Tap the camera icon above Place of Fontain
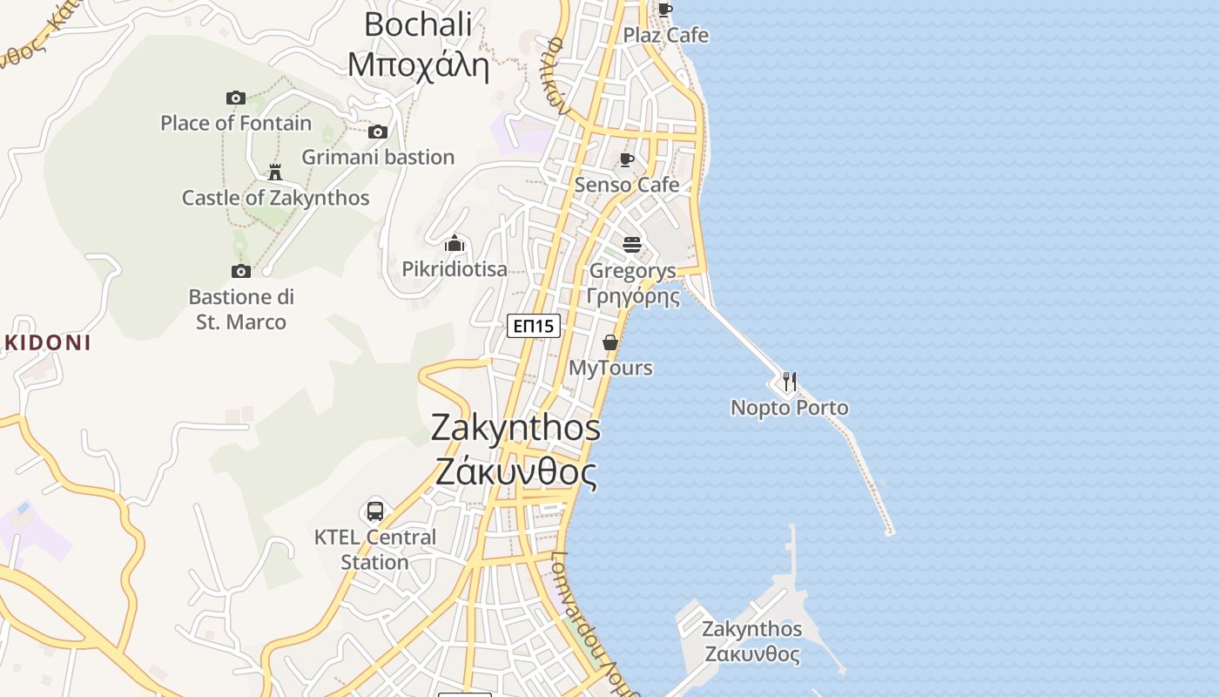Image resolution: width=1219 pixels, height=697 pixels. click(235, 98)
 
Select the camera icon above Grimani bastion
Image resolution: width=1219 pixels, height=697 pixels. click(377, 132)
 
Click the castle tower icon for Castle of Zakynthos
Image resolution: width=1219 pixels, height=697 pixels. click(275, 172)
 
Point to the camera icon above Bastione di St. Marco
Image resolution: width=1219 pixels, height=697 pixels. click(241, 271)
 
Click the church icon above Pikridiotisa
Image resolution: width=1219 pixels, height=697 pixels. click(455, 243)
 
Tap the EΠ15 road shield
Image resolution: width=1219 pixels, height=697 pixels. click(534, 326)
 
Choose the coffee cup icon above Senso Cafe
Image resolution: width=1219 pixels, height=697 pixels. click(626, 159)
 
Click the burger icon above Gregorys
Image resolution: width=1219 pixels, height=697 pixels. click(632, 244)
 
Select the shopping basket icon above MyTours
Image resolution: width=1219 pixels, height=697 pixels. click(610, 342)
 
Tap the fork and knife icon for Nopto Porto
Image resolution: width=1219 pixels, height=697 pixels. click(789, 382)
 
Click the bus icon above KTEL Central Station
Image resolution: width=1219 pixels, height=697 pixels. click(375, 511)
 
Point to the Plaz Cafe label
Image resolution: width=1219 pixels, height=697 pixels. click(666, 36)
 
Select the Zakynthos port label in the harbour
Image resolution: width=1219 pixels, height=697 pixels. click(752, 641)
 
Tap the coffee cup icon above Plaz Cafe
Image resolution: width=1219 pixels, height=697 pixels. click(665, 10)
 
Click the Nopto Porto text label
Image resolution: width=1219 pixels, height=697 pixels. click(789, 408)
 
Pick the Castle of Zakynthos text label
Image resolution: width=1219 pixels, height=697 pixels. click(275, 198)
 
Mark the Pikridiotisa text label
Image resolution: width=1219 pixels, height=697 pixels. click(455, 269)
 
